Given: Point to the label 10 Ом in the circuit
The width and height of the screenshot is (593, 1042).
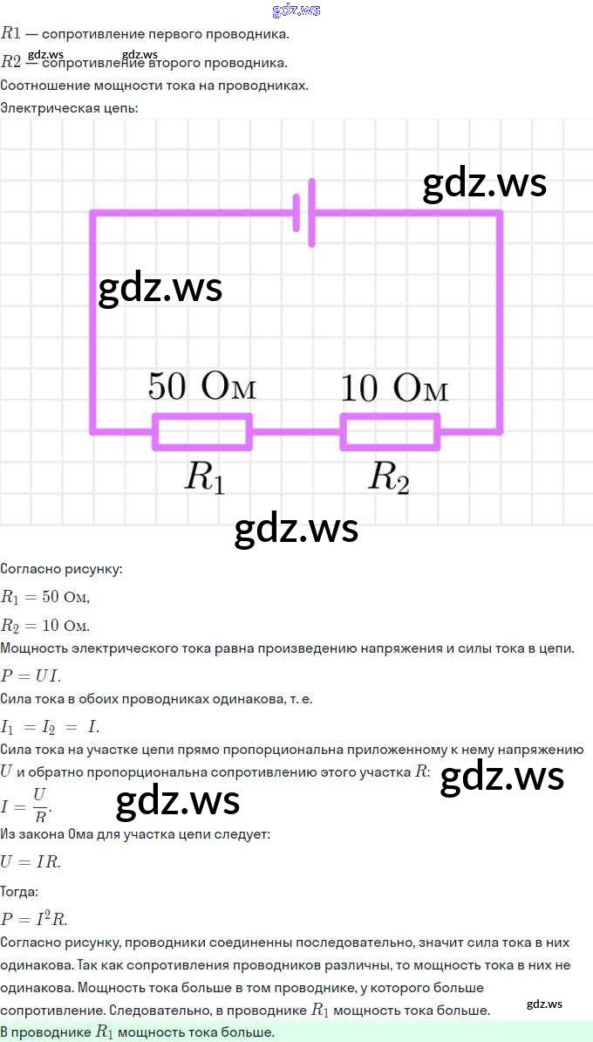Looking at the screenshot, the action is (394, 387).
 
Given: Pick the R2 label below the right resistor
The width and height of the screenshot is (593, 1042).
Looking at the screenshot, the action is (389, 477).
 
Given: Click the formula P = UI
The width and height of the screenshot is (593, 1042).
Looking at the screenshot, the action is (31, 676).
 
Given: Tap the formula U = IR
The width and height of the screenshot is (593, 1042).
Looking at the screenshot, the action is (31, 862).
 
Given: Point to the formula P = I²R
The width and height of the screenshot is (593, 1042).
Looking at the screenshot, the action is (34, 918).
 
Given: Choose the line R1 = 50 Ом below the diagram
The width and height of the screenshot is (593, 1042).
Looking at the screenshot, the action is (45, 597).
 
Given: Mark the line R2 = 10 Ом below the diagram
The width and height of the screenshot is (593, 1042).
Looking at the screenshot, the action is (45, 626).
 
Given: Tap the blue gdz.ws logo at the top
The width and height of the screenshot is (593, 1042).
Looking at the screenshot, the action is (296, 10).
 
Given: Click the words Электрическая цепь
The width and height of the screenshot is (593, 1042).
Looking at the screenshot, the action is (69, 107).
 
